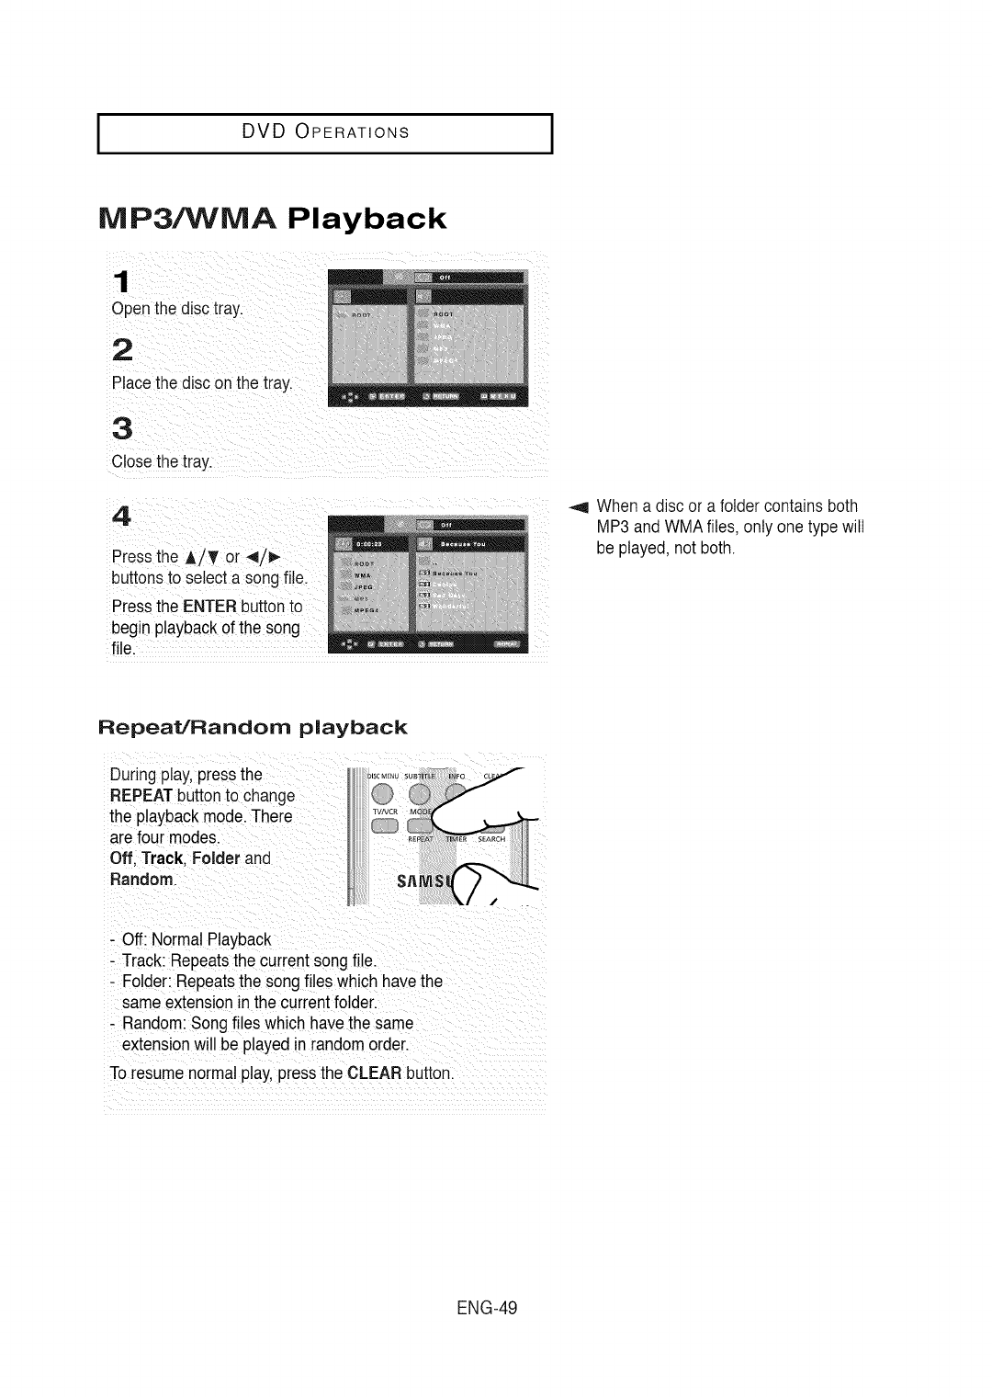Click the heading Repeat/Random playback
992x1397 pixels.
point(253,728)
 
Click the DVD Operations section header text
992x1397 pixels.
point(324,131)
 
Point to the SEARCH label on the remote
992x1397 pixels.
point(491,838)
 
